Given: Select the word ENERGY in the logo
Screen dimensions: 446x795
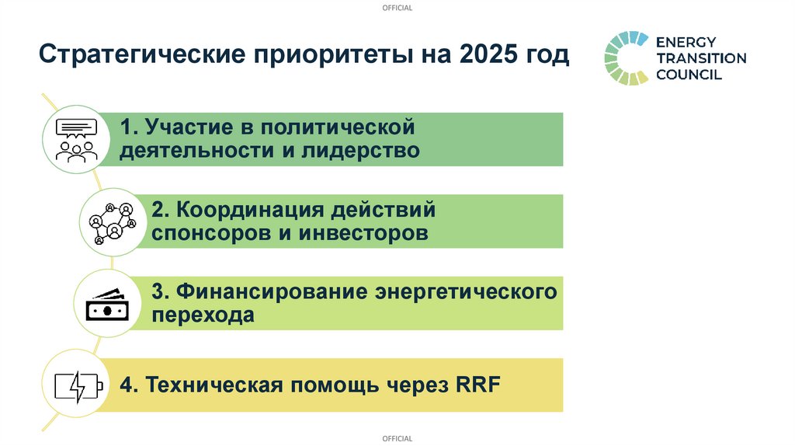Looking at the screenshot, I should pos(686,41).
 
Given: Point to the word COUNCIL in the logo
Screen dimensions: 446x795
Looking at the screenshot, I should pos(689,75).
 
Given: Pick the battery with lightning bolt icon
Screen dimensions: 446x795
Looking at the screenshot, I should pos(77,386).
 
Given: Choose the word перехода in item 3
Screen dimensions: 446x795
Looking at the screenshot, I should pos(203,316).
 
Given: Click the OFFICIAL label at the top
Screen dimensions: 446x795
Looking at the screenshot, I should pos(397,8).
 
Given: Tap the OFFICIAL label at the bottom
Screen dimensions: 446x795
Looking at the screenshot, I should pos(397,439).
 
